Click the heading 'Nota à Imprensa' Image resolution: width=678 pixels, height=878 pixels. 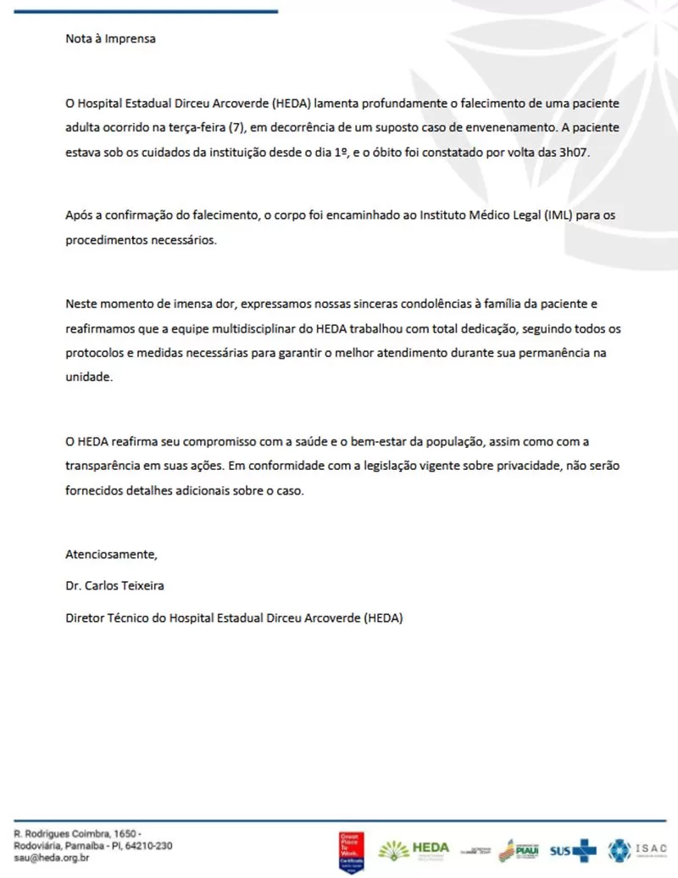click(111, 38)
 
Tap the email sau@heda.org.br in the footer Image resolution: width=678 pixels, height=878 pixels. click(52, 858)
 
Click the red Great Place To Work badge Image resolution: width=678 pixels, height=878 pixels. click(352, 847)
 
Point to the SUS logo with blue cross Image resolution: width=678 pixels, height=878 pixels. click(573, 849)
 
